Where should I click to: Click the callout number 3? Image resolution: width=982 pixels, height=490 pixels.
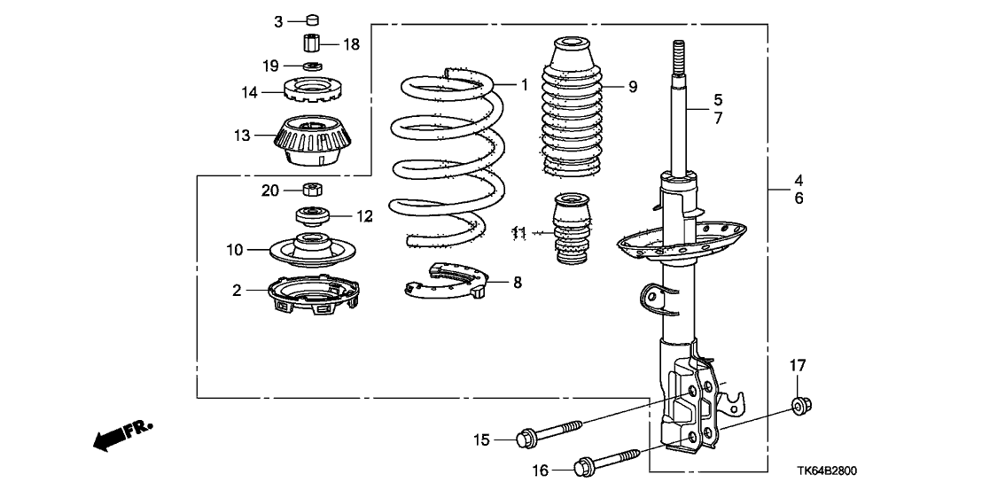coord(278,19)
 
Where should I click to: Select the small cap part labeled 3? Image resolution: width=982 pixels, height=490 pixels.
coord(312,19)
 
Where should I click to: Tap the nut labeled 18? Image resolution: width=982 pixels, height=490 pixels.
coord(311,43)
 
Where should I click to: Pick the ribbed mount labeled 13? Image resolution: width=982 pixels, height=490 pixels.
coord(311,142)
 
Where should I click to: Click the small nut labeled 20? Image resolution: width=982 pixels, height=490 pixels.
coord(311,189)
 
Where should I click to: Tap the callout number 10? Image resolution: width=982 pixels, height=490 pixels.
coord(233,251)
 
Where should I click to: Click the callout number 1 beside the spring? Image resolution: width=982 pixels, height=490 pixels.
coord(524,86)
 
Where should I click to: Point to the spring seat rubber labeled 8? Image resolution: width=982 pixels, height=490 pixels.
coord(444,283)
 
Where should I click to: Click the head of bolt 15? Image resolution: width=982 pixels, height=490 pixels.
coord(524,437)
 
